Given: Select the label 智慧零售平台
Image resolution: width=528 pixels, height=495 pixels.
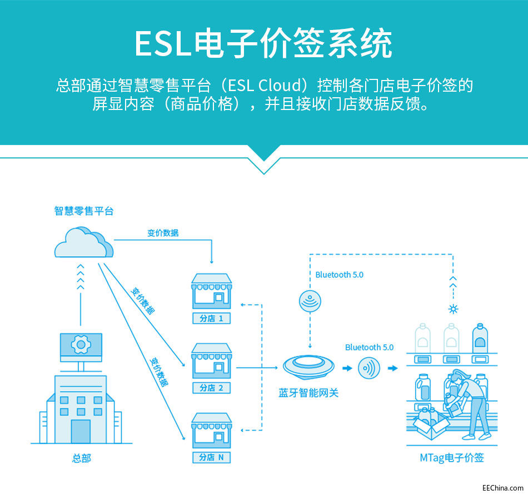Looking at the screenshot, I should click(x=84, y=211).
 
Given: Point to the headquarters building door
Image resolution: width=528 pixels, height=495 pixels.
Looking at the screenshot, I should click(x=81, y=431).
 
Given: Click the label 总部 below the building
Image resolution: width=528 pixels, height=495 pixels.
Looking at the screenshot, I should click(x=81, y=459).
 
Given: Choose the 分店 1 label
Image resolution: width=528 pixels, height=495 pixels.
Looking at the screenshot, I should click(x=211, y=318).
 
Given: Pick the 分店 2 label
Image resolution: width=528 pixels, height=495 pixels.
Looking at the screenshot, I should click(x=211, y=388).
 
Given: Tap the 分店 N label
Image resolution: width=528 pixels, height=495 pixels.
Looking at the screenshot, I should click(x=211, y=457).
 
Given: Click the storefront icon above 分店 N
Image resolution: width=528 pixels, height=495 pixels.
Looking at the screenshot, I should click(x=211, y=430).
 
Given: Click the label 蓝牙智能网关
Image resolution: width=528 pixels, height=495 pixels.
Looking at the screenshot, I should click(x=308, y=393).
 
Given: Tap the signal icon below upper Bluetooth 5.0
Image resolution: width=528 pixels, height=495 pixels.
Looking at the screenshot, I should click(x=309, y=301).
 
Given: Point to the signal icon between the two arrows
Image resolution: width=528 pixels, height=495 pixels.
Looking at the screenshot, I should click(x=369, y=368).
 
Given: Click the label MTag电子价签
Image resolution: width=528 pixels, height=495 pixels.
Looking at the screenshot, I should click(x=452, y=458).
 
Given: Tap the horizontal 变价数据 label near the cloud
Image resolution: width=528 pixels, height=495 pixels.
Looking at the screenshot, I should click(x=163, y=233).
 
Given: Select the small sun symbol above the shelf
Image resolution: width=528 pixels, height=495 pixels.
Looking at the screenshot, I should click(x=453, y=309).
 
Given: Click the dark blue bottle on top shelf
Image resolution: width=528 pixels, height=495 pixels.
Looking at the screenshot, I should click(x=480, y=339).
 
